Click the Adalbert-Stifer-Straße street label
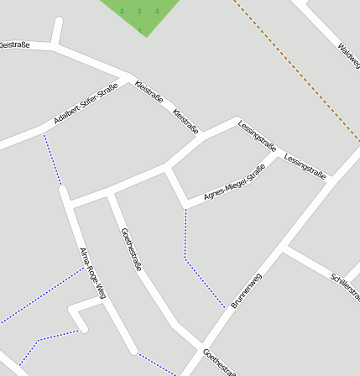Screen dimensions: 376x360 coord(86,104)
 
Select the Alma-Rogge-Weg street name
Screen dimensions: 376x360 coord(92,273)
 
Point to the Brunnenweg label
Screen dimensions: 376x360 coord(247,290)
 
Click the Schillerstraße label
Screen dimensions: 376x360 coord(345,285)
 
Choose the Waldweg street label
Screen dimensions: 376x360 coord(347,58)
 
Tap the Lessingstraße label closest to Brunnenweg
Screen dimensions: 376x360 coord(305,164)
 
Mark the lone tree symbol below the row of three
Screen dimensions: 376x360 coord(140,29)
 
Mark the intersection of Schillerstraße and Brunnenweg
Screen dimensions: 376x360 coord(284,248)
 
